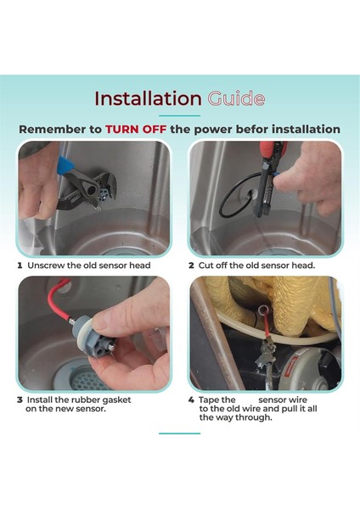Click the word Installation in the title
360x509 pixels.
pos(148,98)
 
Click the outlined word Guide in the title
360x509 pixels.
pos(236,98)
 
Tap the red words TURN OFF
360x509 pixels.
pos(136,129)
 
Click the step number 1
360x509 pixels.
pos(20,266)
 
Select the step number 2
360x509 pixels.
pos(191,266)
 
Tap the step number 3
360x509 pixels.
pos(20,400)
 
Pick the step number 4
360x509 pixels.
pos(191,400)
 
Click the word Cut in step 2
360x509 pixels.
pos(206,266)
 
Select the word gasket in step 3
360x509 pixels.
pos(116,400)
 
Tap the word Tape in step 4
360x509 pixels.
pos(208,400)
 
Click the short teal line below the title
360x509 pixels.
pos(180,115)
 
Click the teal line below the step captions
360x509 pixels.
pos(180,433)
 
